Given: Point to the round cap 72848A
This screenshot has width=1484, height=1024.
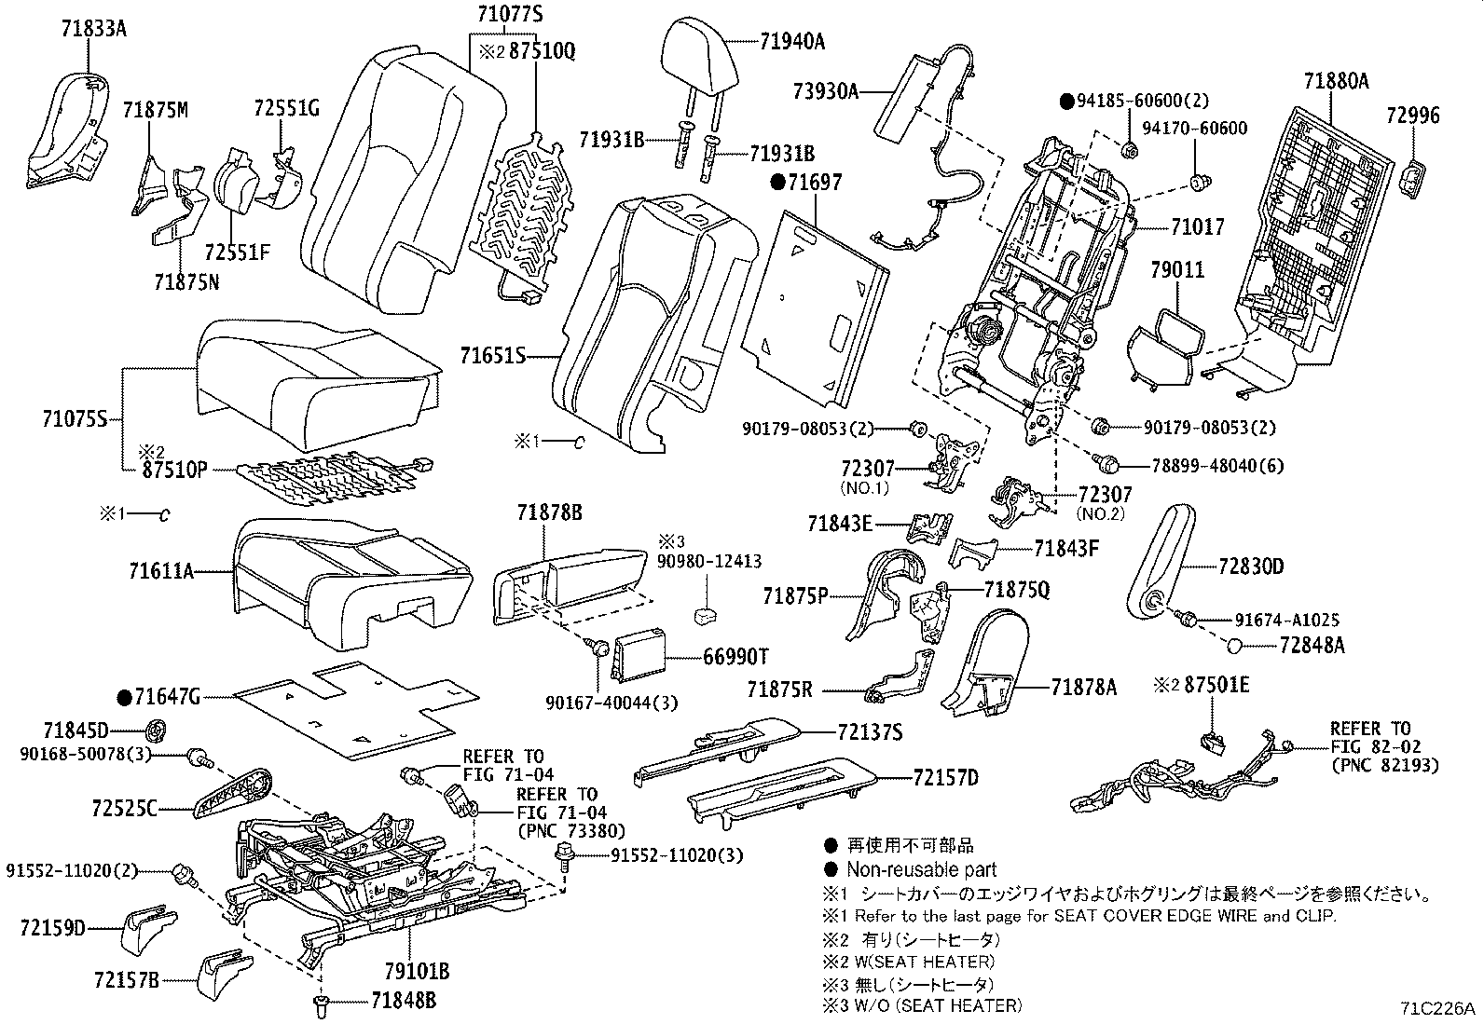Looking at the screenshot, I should pos(1233,645).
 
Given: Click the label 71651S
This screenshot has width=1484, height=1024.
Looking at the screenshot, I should pos(493,356).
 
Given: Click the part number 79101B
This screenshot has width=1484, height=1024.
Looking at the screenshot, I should pos(418,972).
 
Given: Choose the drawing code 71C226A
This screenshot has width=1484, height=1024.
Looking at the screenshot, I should pos(1436,1009).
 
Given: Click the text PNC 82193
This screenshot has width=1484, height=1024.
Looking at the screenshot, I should pos(1383,765).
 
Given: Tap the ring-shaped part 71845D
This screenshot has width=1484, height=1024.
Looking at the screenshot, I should pos(157,729).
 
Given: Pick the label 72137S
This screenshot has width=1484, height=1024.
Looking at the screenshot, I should pos(868,732).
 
